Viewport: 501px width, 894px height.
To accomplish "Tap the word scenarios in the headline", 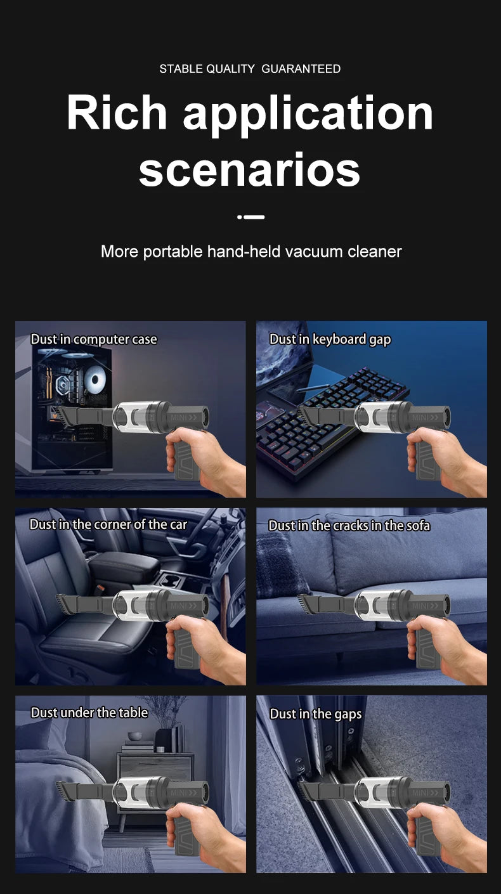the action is click(x=249, y=170).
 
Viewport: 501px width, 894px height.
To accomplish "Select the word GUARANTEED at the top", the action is click(x=301, y=68).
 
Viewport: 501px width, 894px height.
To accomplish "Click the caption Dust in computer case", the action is click(x=94, y=339).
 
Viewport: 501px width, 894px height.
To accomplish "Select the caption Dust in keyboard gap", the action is click(x=330, y=339).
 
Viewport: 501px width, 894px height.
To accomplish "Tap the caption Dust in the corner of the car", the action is click(x=108, y=524).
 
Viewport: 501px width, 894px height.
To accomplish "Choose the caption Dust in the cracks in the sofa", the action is click(x=349, y=525).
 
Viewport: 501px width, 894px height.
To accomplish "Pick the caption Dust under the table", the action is click(x=89, y=713).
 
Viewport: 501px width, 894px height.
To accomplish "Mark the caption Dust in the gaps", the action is click(x=316, y=713).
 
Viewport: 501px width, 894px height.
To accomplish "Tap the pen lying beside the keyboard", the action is click(x=310, y=387).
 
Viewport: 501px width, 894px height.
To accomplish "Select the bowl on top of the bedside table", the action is click(x=134, y=735).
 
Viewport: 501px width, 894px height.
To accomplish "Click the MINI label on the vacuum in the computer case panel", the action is click(x=184, y=417).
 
